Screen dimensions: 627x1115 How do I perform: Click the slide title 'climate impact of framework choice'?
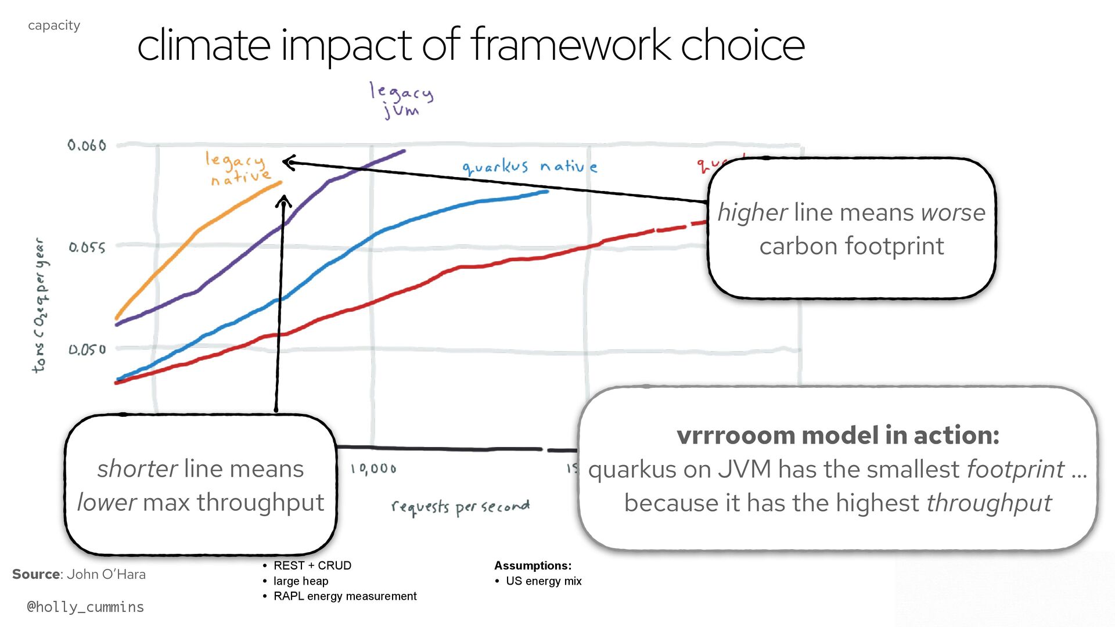coord(470,45)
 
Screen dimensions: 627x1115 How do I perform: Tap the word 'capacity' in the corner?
coord(54,26)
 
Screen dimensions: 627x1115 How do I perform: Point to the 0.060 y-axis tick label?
coord(87,145)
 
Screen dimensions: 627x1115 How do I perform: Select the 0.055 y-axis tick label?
coord(87,248)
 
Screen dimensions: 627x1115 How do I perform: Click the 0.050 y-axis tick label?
coord(87,349)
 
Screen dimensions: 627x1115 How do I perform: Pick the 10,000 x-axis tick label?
coord(373,469)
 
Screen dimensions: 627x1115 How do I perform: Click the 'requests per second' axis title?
coord(460,507)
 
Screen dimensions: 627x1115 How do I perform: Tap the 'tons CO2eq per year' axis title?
coord(40,305)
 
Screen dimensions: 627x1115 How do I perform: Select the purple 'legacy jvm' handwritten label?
coord(401,100)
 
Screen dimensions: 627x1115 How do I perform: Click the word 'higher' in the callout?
coord(752,212)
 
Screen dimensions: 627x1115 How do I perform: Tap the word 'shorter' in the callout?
coord(137,469)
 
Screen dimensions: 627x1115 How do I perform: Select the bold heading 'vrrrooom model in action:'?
coord(837,435)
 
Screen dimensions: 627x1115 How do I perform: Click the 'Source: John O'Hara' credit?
coord(79,574)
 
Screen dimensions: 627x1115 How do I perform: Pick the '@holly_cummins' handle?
coord(85,607)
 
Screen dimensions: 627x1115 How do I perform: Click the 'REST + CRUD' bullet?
coord(312,565)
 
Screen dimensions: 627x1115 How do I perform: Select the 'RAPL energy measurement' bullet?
coord(345,596)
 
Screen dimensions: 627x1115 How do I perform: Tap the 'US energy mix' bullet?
coord(543,581)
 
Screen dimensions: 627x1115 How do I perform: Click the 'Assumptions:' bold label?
coord(533,565)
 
